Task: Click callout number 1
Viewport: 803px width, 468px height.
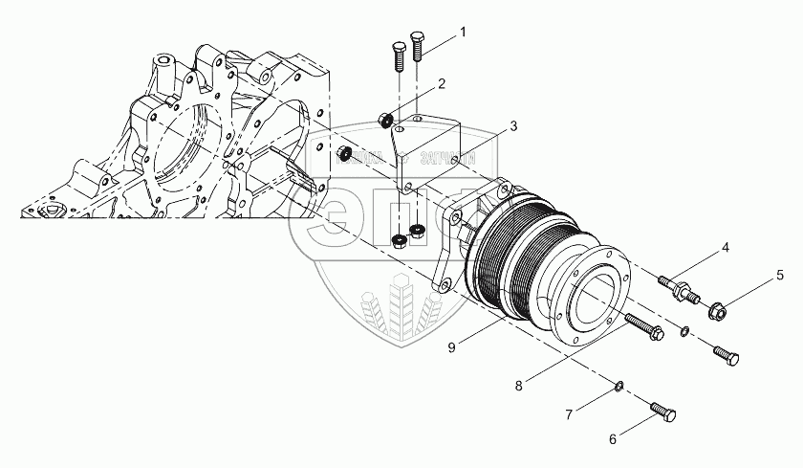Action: (463, 32)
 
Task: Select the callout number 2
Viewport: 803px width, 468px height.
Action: (443, 84)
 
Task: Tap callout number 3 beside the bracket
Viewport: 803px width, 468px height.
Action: (513, 125)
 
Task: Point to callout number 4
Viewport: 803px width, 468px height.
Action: (725, 248)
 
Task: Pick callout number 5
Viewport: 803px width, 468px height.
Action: (778, 285)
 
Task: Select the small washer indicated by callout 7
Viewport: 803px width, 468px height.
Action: (618, 386)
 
